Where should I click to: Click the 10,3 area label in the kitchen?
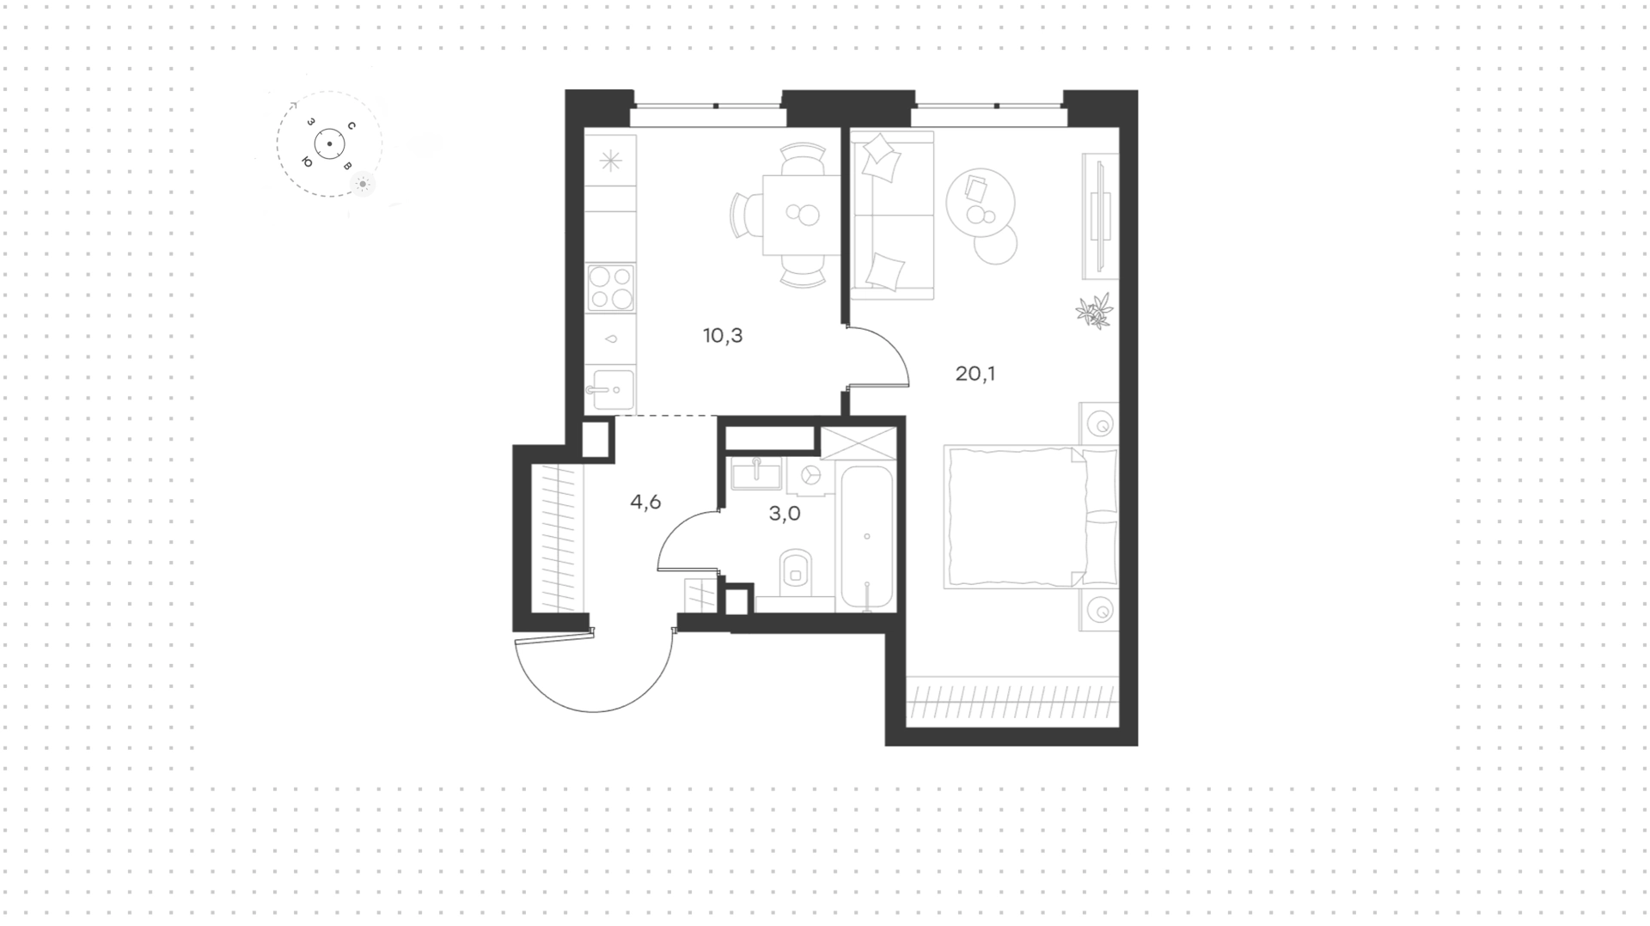click(723, 336)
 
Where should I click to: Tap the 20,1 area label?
click(975, 374)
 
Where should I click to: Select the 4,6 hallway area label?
click(645, 502)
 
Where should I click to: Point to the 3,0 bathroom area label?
click(785, 514)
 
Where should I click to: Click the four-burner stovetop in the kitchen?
click(611, 288)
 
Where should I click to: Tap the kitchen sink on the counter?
click(611, 390)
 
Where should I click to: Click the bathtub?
click(866, 538)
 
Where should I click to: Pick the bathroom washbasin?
click(756, 473)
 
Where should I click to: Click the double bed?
click(1030, 517)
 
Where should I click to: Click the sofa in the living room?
click(892, 216)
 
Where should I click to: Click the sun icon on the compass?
click(364, 184)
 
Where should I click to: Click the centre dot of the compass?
click(329, 144)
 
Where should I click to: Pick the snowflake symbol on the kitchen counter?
click(610, 161)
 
